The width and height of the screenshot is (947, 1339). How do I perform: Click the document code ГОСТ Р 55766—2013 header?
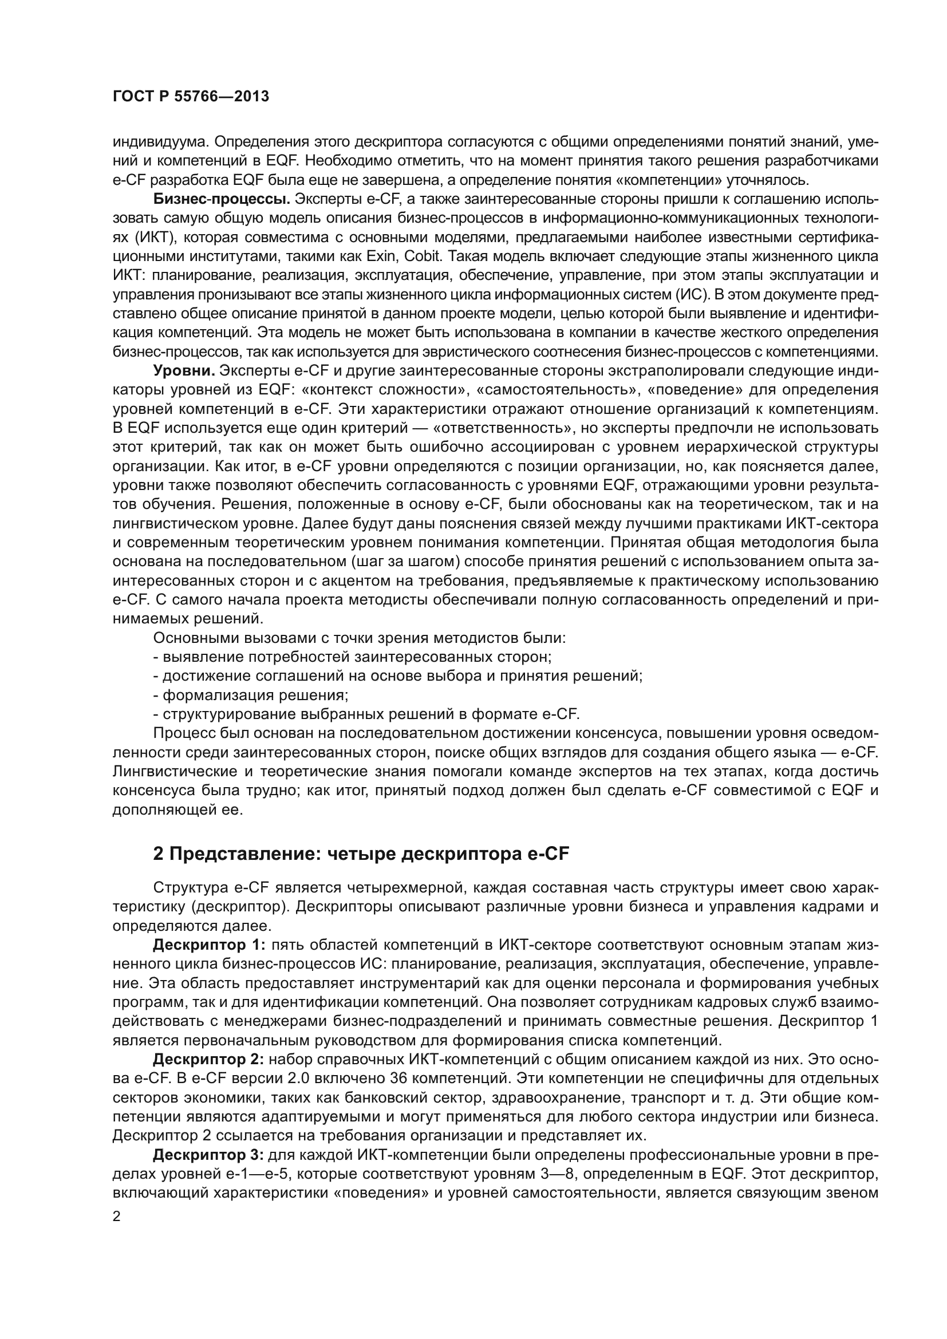(x=191, y=97)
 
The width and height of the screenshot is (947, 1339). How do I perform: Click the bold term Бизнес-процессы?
(x=222, y=199)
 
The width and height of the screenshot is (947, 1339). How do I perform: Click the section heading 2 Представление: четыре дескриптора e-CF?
(x=360, y=854)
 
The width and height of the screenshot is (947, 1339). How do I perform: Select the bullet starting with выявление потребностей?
(x=353, y=657)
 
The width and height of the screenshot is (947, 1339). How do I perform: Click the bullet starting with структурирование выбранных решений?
(x=366, y=714)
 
